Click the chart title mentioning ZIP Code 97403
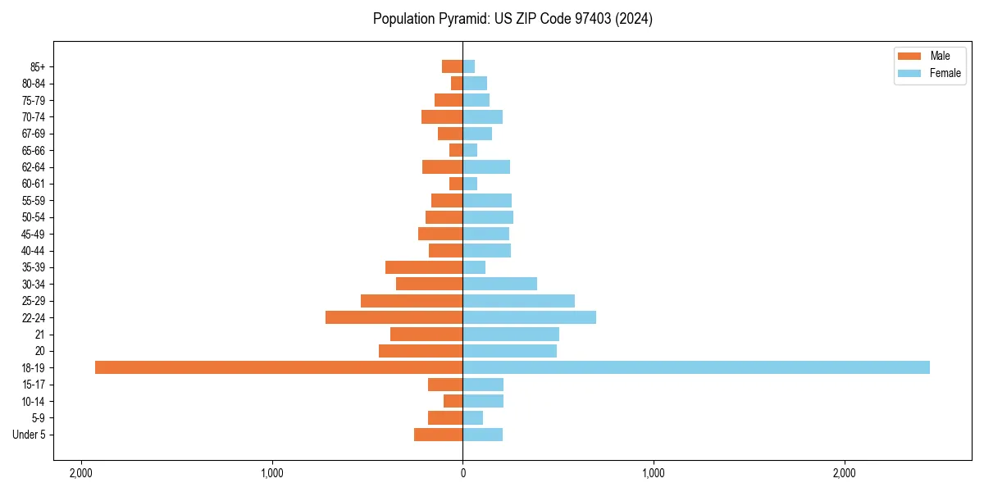click(512, 19)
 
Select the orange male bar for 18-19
click(279, 367)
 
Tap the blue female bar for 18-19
click(696, 367)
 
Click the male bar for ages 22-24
click(394, 317)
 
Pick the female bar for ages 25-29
click(519, 301)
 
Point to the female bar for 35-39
click(474, 267)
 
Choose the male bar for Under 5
click(439, 435)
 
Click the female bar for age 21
click(511, 334)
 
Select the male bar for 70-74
click(442, 116)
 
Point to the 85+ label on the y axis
click(39, 66)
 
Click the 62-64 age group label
click(34, 167)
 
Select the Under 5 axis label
click(29, 435)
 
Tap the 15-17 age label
click(34, 385)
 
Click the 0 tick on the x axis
click(462, 473)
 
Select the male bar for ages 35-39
click(424, 267)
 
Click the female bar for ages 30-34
click(500, 284)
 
